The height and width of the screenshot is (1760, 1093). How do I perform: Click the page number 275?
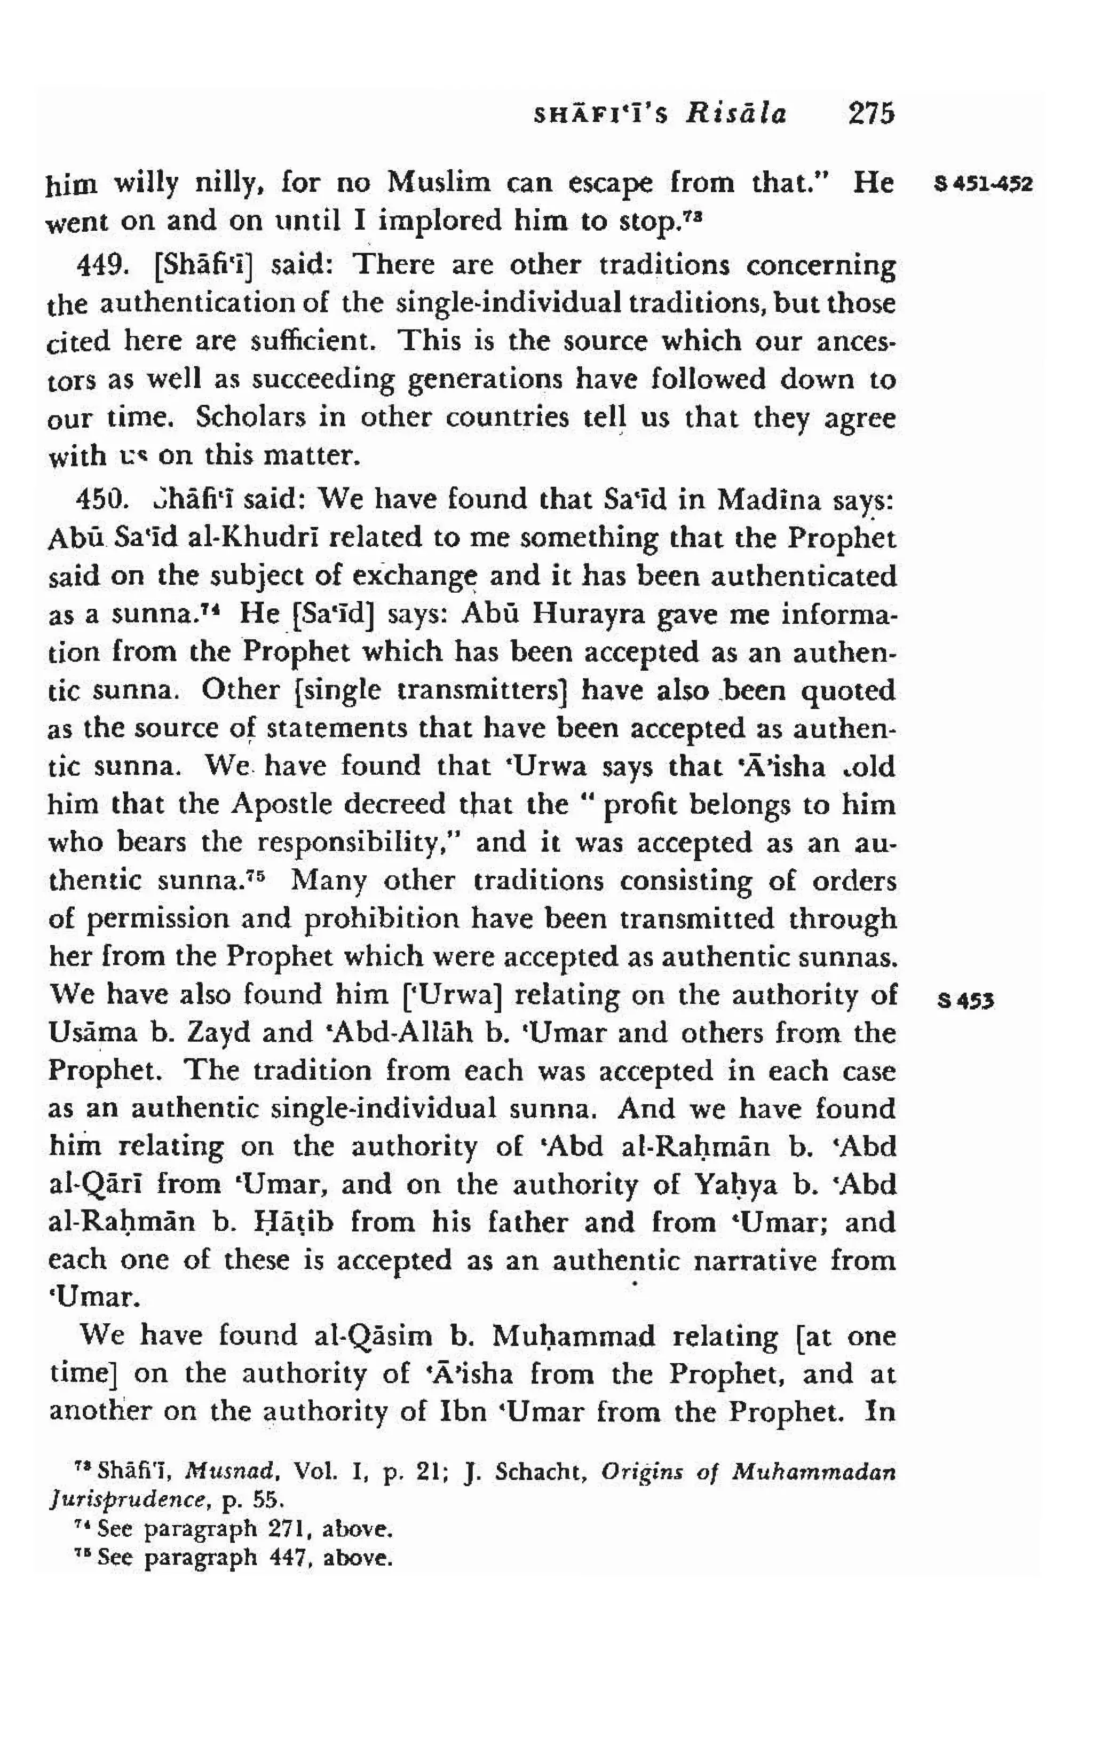[871, 114]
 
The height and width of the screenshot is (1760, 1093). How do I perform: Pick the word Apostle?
[279, 804]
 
